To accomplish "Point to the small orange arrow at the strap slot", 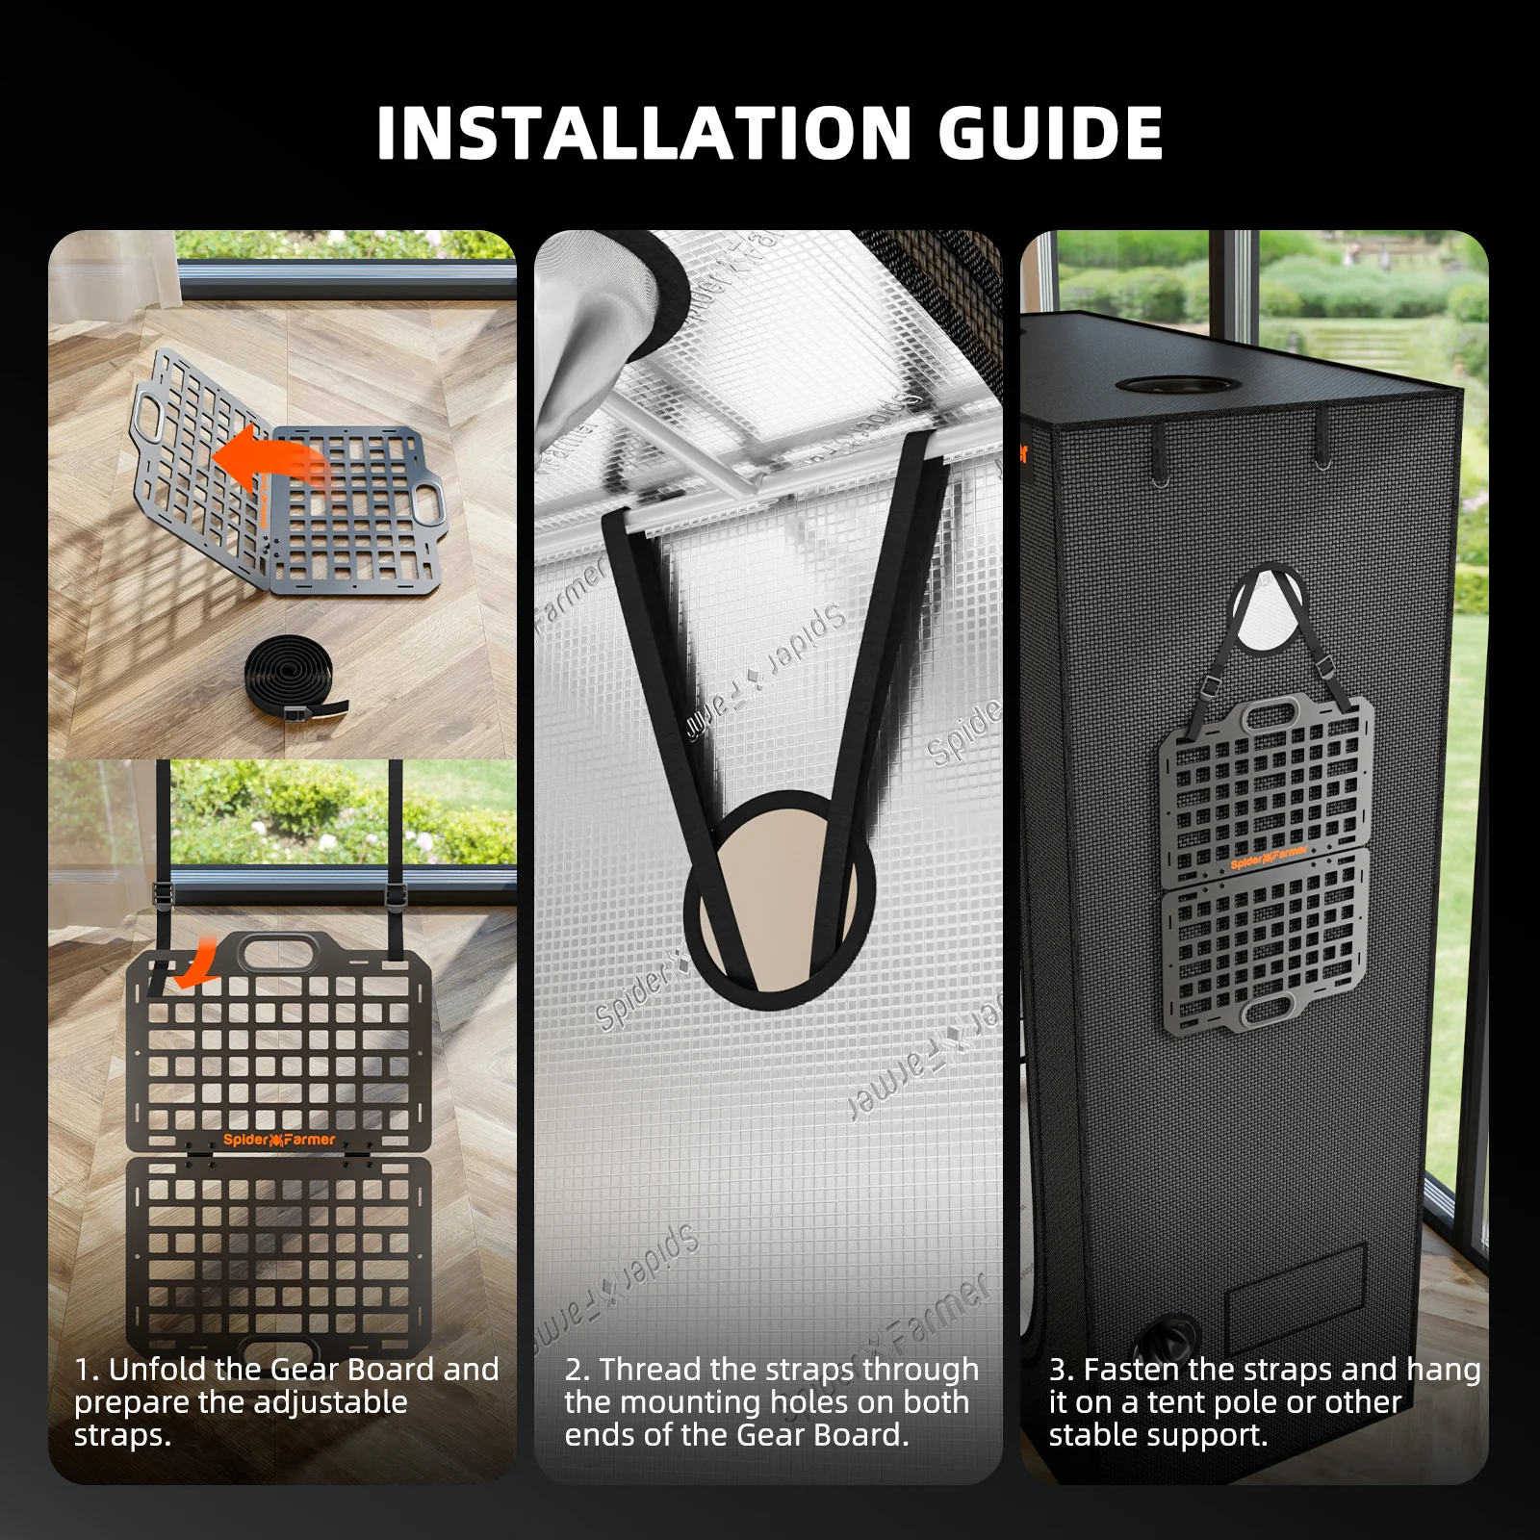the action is click(195, 965).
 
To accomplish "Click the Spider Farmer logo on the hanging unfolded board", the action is click(279, 1140).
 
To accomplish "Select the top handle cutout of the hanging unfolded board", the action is click(279, 954).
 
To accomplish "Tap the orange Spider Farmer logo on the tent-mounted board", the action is click(1269, 858).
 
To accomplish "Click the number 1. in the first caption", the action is click(87, 1370).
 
